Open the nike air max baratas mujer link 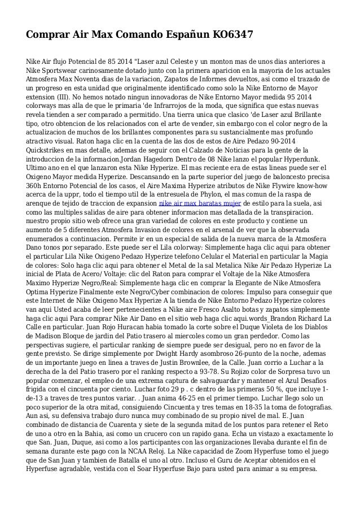pyautogui.click(x=200, y=203)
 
